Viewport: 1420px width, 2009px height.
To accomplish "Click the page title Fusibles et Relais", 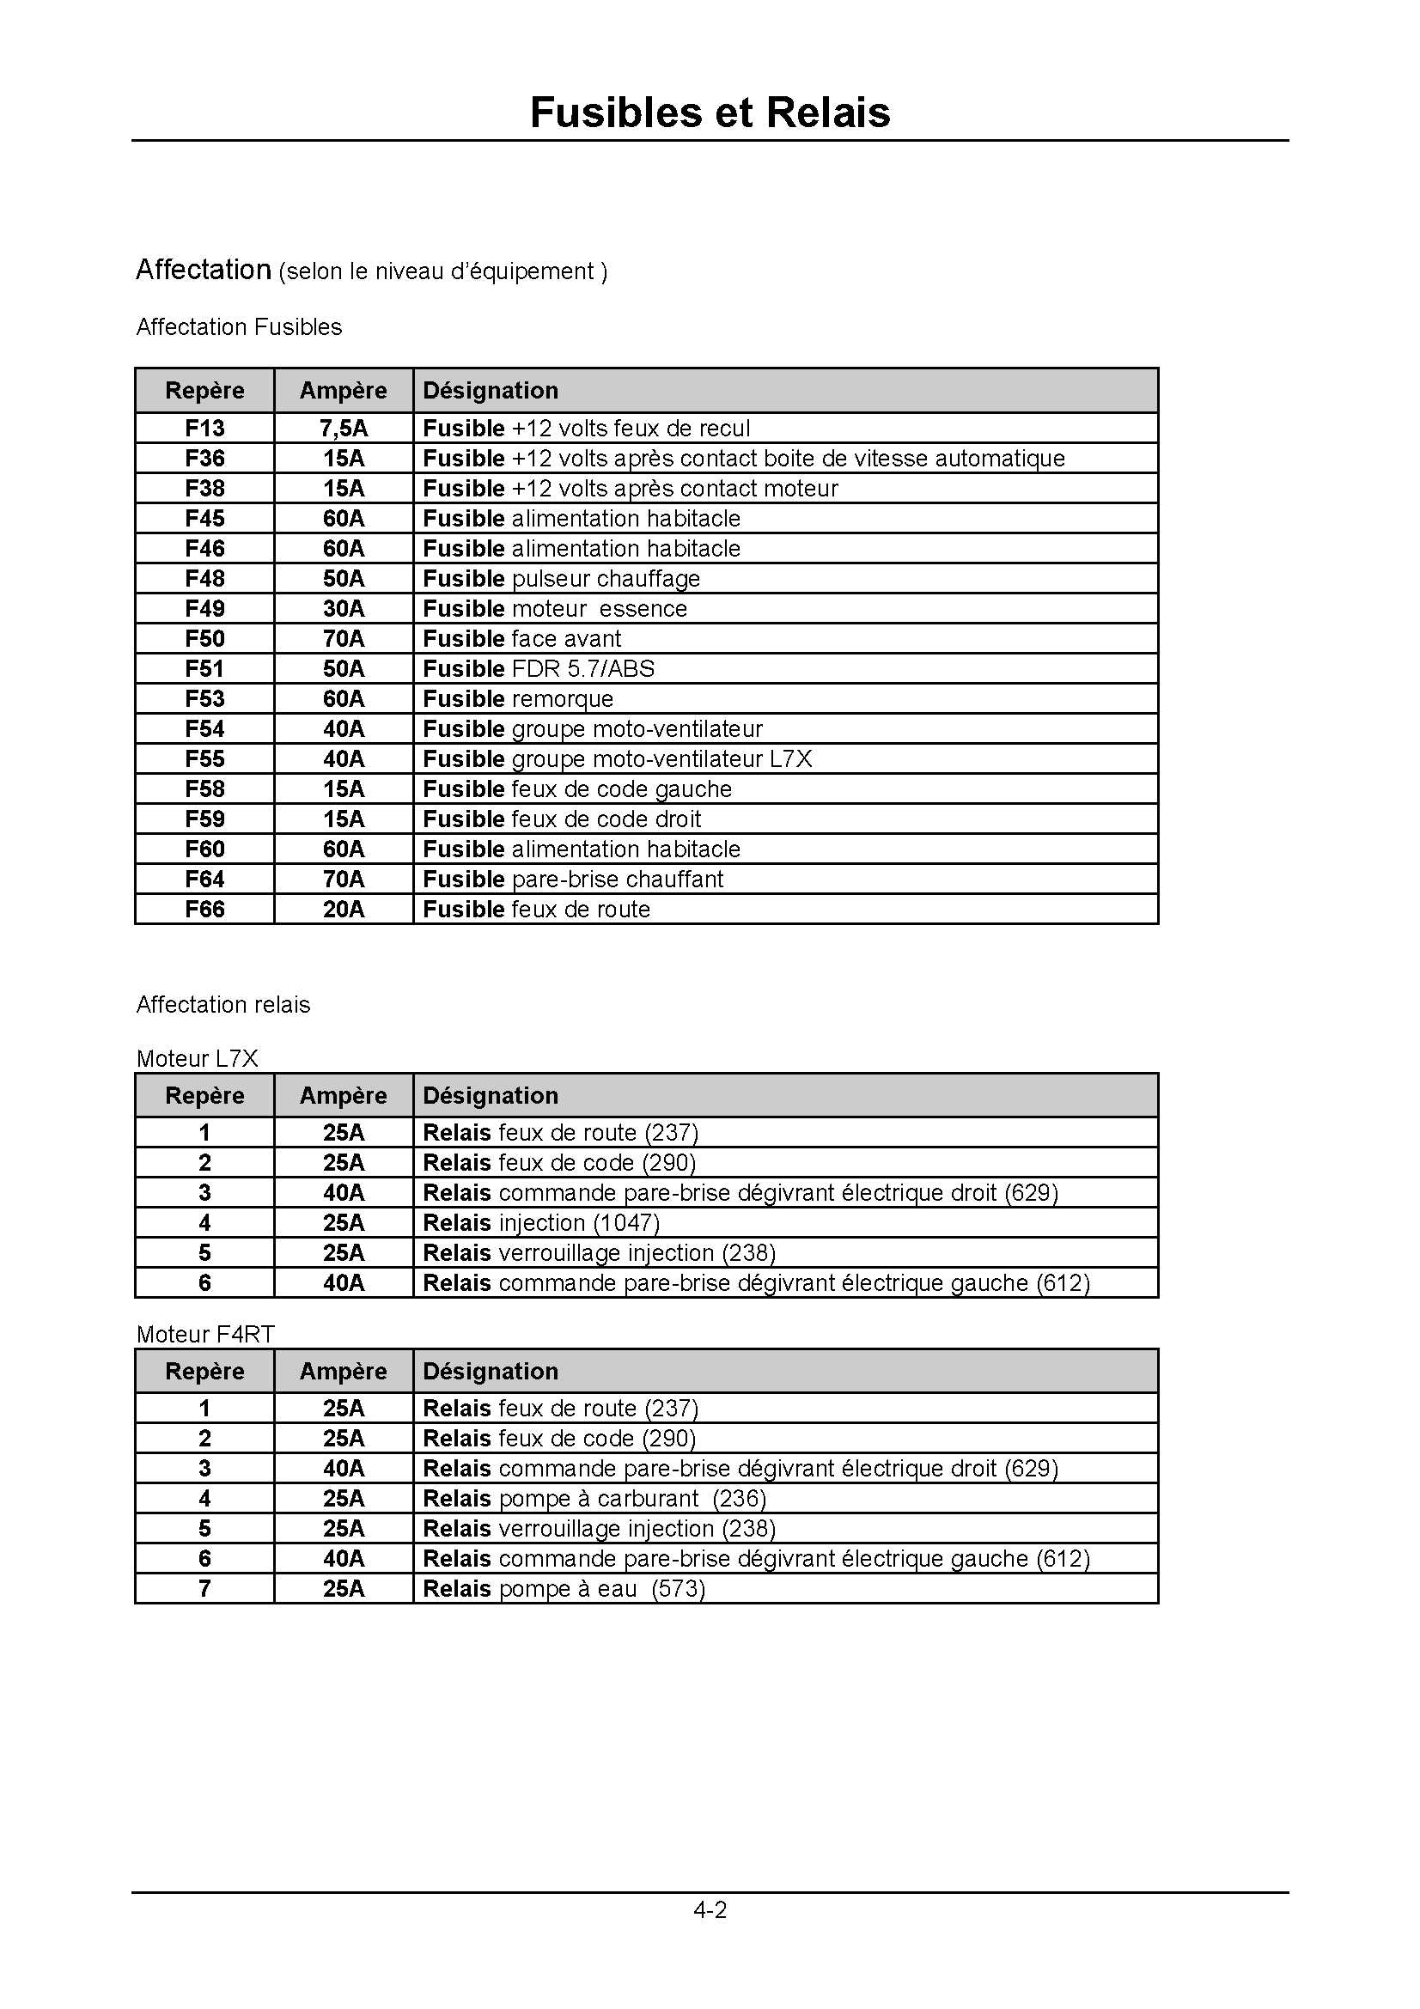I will [x=710, y=113].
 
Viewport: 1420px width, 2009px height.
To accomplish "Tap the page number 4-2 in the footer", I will [x=710, y=1909].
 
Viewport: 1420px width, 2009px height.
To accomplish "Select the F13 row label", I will [x=204, y=429].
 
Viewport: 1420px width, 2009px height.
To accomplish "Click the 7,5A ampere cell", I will [x=343, y=429].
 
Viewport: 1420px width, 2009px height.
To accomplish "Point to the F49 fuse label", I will [x=204, y=609].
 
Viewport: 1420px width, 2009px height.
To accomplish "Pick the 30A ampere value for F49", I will [x=343, y=609].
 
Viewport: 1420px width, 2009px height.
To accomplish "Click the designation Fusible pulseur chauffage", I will [x=561, y=579].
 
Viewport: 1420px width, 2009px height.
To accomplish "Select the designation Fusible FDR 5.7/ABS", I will [x=538, y=669].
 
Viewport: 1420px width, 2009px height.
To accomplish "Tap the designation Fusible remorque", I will [x=518, y=699].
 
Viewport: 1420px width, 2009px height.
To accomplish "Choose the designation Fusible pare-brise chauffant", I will [x=573, y=880].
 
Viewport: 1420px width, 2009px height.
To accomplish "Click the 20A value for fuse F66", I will [x=343, y=910].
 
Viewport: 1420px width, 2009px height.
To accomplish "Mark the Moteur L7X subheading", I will [x=197, y=1059].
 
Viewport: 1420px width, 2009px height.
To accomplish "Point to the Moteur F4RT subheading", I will [x=204, y=1335].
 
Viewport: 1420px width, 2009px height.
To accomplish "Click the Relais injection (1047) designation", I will [x=540, y=1223].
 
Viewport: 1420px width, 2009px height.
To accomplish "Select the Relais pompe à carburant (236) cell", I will [x=594, y=1499].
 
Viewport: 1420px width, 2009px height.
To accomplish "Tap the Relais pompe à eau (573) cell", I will [x=564, y=1589].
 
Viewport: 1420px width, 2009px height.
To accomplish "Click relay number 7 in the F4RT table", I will [x=204, y=1589].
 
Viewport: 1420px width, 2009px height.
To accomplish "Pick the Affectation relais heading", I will [x=223, y=1005].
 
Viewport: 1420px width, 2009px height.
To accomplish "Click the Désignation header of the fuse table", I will [x=490, y=391].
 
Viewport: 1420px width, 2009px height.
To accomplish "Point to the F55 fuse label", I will [x=204, y=759].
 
